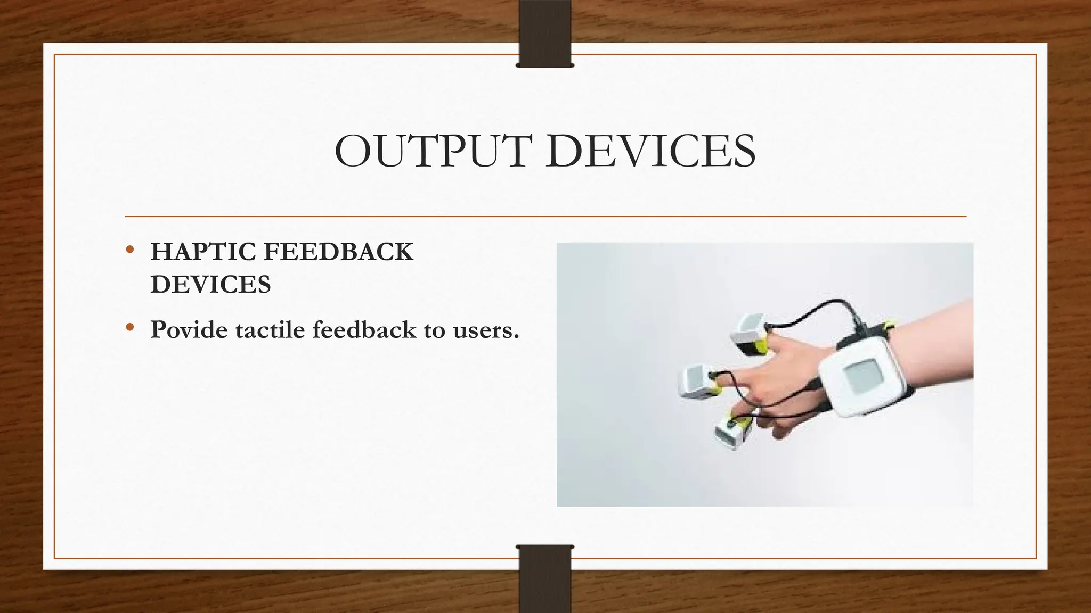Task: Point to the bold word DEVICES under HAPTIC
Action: click(211, 285)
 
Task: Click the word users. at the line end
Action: click(486, 330)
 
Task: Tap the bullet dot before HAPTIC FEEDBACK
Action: click(129, 250)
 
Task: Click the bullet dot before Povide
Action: click(129, 328)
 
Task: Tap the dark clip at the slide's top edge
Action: click(545, 35)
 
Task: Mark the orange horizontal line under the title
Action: click(545, 217)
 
